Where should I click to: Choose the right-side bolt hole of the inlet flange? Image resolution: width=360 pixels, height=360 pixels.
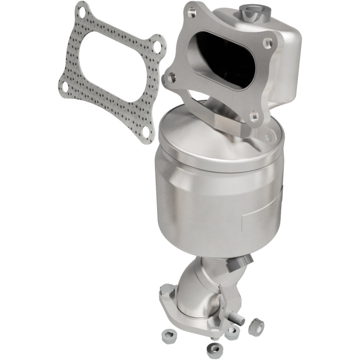tap(269, 44)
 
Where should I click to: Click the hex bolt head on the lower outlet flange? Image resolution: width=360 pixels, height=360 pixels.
tap(165, 288)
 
